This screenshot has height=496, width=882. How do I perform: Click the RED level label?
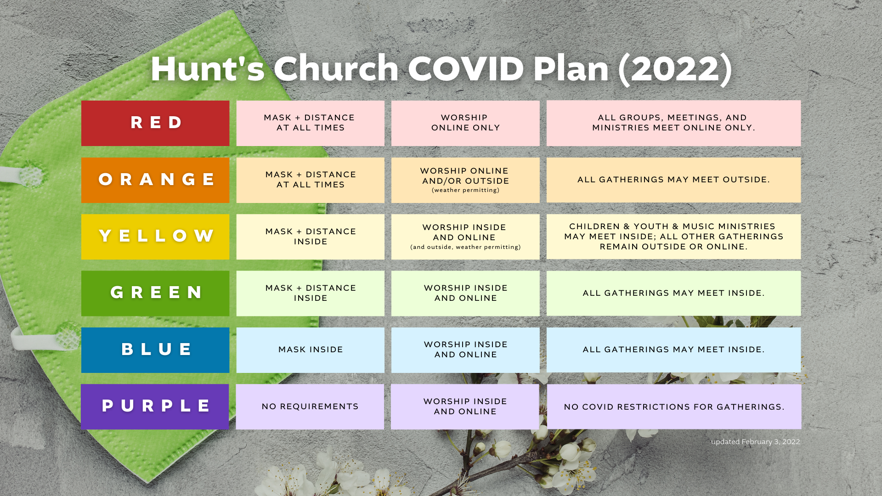[155, 123]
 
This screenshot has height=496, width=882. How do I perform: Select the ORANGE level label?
[155, 180]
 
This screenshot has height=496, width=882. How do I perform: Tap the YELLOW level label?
[155, 237]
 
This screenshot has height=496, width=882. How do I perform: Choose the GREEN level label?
[155, 293]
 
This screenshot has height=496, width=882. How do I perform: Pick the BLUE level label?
[155, 350]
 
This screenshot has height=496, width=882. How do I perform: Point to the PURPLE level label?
[155, 406]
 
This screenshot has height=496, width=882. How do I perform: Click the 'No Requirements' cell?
[310, 406]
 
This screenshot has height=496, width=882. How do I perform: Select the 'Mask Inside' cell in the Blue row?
[311, 350]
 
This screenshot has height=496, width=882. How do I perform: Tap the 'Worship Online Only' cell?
[465, 123]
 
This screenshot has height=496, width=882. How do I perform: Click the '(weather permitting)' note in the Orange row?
[465, 190]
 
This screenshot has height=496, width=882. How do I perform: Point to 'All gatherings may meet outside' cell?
[673, 180]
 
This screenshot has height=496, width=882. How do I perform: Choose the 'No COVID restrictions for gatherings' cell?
[674, 406]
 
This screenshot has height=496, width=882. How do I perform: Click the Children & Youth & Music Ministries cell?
[673, 237]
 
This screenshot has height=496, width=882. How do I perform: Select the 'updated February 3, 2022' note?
[755, 442]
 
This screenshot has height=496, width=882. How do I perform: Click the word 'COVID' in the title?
[466, 68]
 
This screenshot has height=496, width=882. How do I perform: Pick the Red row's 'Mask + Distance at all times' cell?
[311, 123]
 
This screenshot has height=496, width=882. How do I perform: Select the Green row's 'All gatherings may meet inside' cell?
[673, 293]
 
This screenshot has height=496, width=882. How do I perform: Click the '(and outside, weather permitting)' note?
[465, 247]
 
